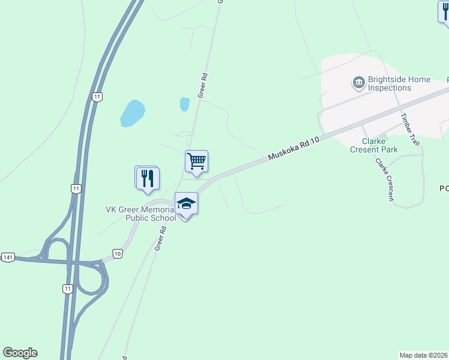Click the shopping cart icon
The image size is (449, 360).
[x=196, y=161]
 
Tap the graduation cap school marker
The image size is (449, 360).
[x=186, y=204]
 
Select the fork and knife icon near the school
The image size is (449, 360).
[x=147, y=178]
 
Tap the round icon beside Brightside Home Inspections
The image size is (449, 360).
[x=359, y=82]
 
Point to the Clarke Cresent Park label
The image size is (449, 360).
[x=373, y=145]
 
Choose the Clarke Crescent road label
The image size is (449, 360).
[x=384, y=178]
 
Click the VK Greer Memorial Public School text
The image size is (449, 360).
[x=141, y=214]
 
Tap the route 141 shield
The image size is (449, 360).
[x=7, y=257]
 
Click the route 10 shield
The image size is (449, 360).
[x=118, y=254]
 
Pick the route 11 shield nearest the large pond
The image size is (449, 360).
[x=97, y=96]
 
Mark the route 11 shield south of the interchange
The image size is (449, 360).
[x=67, y=289]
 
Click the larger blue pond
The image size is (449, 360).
[x=133, y=113]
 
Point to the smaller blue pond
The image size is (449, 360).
[x=185, y=104]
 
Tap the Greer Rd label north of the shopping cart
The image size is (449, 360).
[x=203, y=85]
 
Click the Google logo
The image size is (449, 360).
[x=20, y=353]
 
